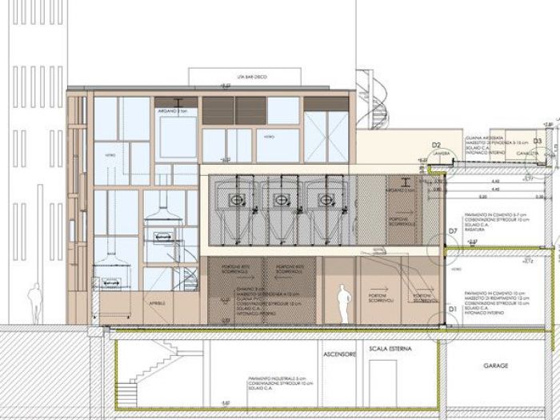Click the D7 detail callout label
click(x=453, y=230)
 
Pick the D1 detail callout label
click(x=452, y=307)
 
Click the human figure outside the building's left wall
click(x=34, y=303)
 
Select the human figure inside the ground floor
click(x=343, y=304)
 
